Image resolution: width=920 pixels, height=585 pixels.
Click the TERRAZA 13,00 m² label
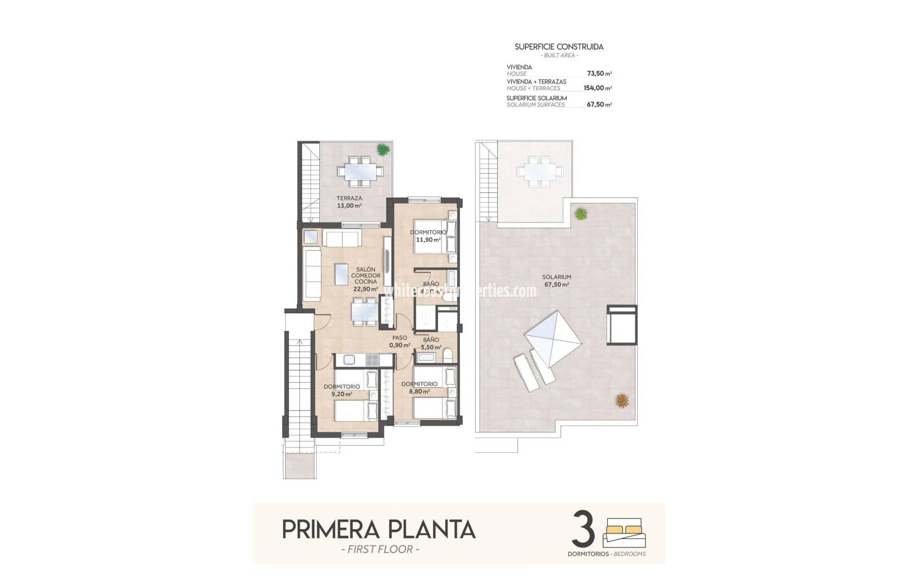click(x=349, y=202)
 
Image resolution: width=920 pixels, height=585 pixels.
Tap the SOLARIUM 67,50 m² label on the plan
click(x=557, y=281)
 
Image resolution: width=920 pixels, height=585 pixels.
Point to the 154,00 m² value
click(x=597, y=88)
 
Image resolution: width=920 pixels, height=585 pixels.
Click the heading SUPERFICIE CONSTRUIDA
click(x=559, y=47)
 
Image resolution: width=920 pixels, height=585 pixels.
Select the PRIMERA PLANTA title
click(x=379, y=529)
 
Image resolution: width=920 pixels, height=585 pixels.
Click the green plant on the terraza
click(x=383, y=149)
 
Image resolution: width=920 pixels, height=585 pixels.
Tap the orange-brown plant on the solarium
click(x=622, y=401)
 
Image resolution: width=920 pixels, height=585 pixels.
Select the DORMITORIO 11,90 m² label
click(x=428, y=236)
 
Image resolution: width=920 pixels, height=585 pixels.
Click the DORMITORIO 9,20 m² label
click(x=342, y=390)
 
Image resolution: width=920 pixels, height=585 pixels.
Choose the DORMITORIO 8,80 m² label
click(x=419, y=387)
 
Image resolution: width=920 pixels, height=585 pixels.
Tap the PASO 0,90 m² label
click(x=399, y=341)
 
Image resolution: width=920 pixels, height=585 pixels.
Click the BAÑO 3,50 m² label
click(x=431, y=343)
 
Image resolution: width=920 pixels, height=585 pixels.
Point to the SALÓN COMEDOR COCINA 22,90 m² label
click(x=366, y=279)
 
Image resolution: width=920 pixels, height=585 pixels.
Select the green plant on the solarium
click(x=581, y=214)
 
